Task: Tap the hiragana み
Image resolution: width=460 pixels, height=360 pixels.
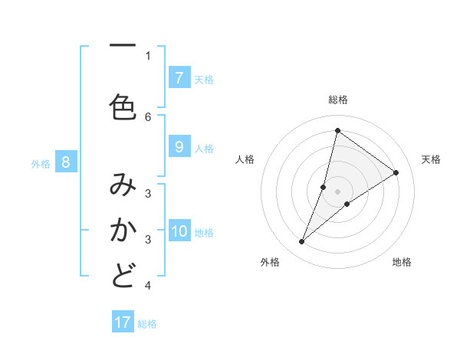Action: coord(123,185)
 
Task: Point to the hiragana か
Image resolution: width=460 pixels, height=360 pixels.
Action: coord(123,231)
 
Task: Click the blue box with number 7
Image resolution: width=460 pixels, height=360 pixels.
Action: coord(179,77)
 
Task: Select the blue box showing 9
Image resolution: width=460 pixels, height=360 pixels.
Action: coord(179,148)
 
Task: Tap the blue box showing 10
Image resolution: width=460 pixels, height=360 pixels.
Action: coord(179,231)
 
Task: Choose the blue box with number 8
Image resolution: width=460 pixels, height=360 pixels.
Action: coord(66,162)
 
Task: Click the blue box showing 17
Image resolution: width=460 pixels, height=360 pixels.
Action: coord(123,322)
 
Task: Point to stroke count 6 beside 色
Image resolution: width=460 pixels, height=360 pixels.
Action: coord(148,117)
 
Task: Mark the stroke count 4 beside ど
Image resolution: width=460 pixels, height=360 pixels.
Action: coord(148,286)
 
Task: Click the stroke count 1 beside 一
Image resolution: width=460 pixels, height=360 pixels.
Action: coord(148,55)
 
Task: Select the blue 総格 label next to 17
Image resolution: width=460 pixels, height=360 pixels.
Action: coord(147,324)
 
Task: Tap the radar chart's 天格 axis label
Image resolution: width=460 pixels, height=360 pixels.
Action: coord(431,159)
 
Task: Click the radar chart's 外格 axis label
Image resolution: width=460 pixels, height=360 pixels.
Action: coord(269,262)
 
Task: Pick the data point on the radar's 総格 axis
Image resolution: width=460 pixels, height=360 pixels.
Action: coord(337,130)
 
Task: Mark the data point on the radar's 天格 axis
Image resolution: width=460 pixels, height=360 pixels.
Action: coord(396,172)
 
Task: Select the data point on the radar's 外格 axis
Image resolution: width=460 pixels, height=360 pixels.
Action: coord(301,242)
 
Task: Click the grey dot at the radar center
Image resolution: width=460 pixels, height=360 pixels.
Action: coord(337,191)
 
